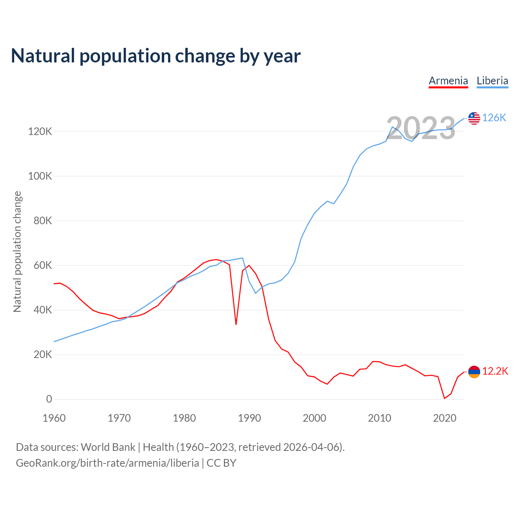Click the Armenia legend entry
click(448, 81)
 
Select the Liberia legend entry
click(492, 81)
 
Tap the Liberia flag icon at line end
click(474, 118)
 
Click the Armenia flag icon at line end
click(474, 371)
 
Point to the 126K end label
click(494, 118)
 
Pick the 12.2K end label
click(495, 371)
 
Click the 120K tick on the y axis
click(40, 131)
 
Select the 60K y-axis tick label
click(43, 265)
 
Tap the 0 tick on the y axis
click(49, 399)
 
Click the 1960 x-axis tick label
click(54, 418)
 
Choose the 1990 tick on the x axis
click(249, 418)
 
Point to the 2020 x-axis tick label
click(444, 418)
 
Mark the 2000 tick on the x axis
click(314, 418)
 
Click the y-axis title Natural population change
click(17, 251)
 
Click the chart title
click(156, 56)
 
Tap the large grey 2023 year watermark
click(421, 128)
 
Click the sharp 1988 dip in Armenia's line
click(236, 324)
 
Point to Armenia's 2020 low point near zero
click(444, 398)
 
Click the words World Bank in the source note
click(108, 447)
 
